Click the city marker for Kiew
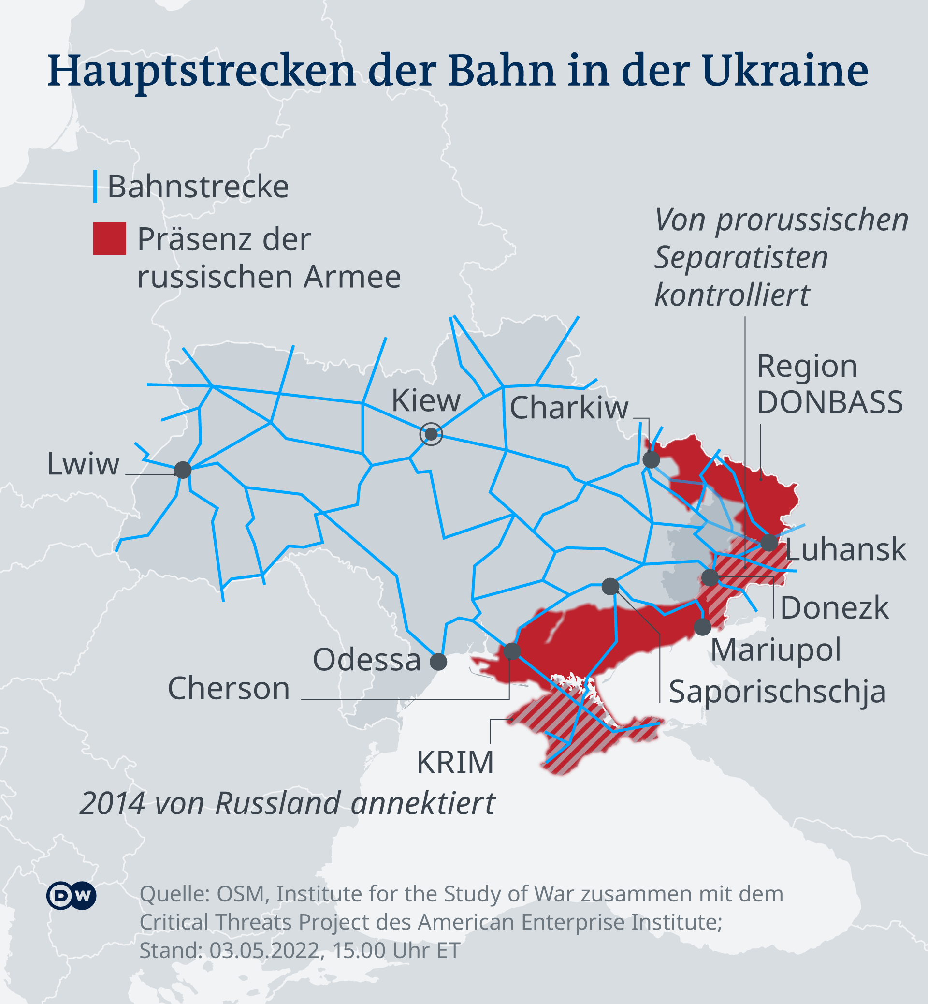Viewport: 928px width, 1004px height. [431, 434]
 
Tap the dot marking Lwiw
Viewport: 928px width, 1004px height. [183, 470]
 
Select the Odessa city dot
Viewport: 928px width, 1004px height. [438, 662]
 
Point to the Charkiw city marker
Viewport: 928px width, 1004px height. [652, 459]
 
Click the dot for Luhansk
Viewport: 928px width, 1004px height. [769, 543]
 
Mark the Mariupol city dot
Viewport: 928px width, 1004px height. [703, 627]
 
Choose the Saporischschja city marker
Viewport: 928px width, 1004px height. [610, 586]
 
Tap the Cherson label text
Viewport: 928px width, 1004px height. [229, 688]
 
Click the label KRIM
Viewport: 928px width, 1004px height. [455, 762]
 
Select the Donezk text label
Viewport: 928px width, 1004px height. [834, 608]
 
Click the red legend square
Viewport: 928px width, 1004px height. [109, 239]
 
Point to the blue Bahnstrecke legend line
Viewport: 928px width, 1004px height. [95, 186]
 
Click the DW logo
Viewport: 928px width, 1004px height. [72, 896]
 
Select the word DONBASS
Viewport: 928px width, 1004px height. [829, 402]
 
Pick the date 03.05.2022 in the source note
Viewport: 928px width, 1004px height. [264, 950]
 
